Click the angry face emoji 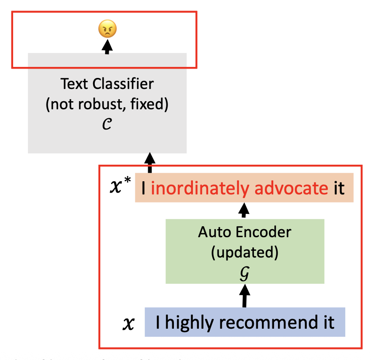tap(107, 29)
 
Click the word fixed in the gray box tap(154, 105)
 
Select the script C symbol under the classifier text tap(107, 125)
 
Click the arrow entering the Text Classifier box tap(149, 163)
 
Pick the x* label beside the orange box tap(120, 187)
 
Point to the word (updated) tap(245, 253)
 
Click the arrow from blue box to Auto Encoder tap(244, 296)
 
